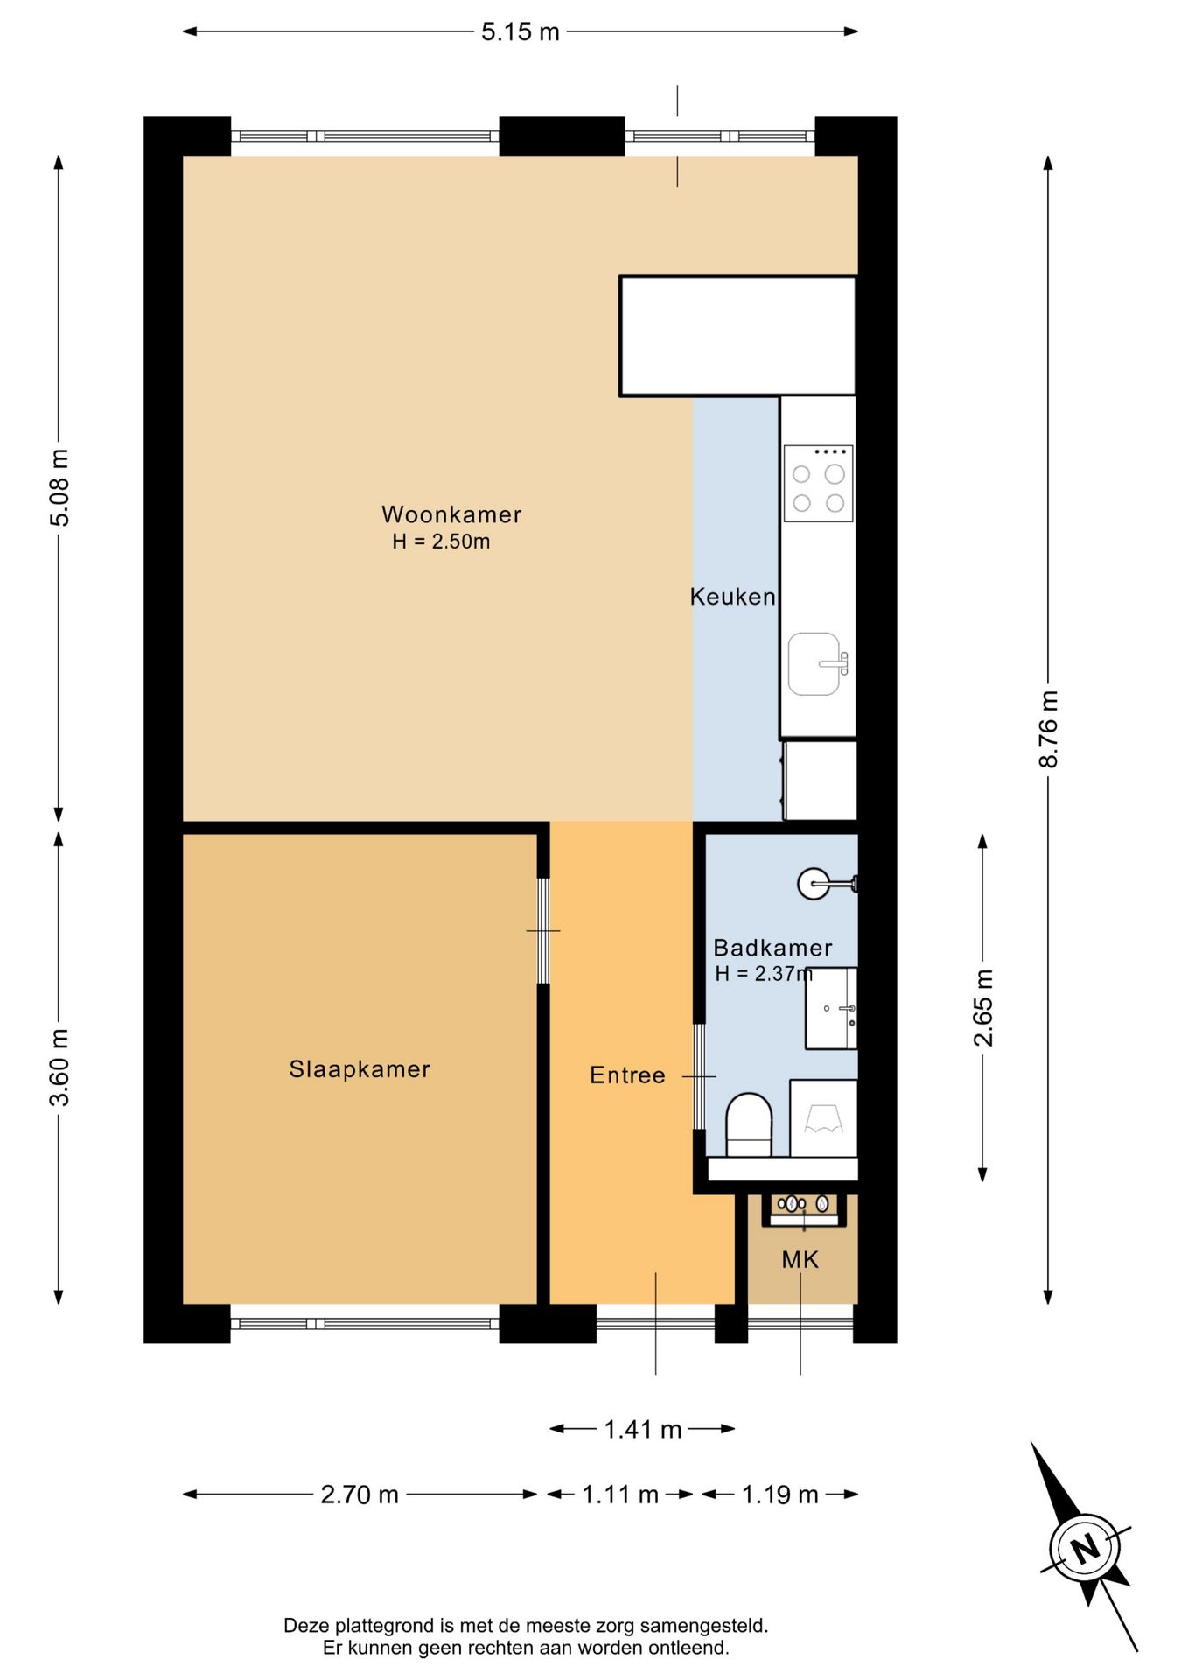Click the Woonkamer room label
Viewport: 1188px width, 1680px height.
[451, 514]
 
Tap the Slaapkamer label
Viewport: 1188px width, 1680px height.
[360, 1069]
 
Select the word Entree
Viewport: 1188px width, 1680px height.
[627, 1075]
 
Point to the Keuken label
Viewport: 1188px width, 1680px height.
[732, 597]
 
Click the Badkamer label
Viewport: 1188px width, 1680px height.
[772, 948]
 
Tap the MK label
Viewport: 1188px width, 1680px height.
[800, 1260]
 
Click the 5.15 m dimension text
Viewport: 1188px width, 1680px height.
[520, 31]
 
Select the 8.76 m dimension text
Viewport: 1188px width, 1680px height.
[1048, 729]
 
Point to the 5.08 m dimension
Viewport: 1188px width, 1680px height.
[59, 487]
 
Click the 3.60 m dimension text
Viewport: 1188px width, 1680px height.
[59, 1067]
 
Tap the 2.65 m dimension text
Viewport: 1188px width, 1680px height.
[983, 1008]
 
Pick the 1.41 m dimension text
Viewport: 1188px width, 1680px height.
[643, 1430]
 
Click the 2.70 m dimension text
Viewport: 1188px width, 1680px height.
[360, 1494]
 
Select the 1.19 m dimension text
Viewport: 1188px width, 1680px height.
[780, 1494]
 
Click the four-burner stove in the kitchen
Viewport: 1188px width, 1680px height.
[818, 483]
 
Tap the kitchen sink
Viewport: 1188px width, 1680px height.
[815, 664]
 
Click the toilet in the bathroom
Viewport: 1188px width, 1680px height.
[750, 1125]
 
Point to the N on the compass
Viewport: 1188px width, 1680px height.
[1086, 1548]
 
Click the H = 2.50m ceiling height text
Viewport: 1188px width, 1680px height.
[441, 542]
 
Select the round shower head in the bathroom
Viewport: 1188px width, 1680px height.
[813, 884]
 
